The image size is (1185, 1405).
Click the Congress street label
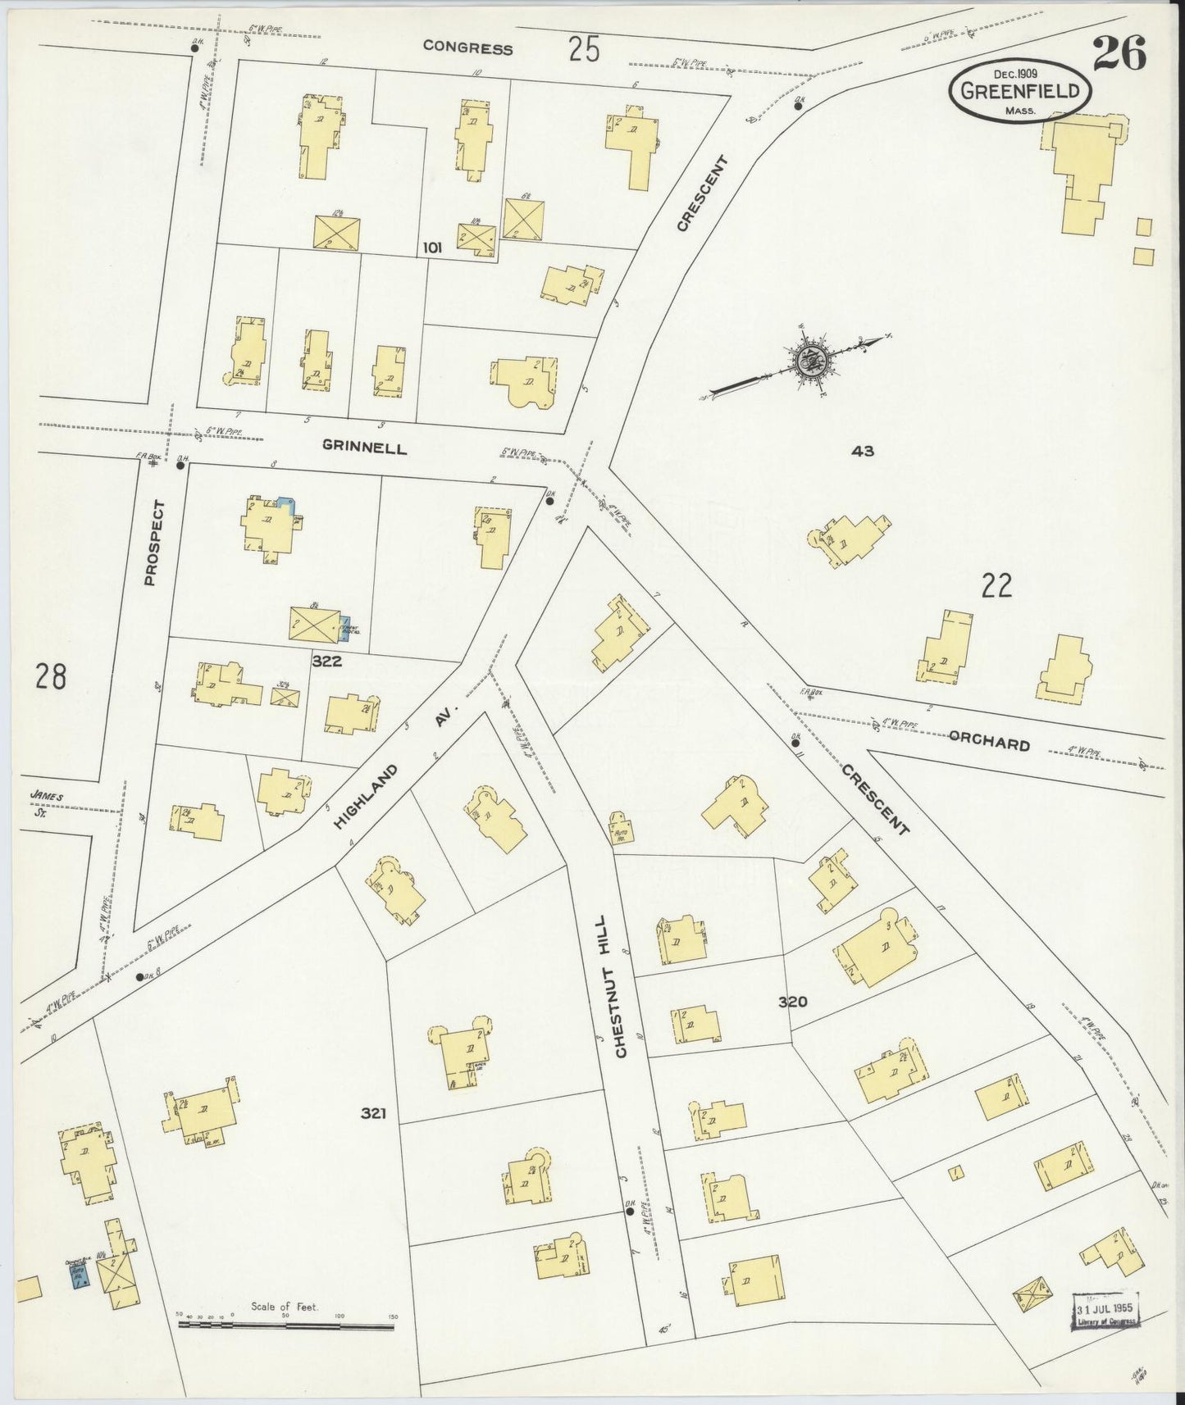(467, 48)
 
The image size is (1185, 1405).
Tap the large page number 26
(1119, 56)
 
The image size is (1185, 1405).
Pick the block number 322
(326, 661)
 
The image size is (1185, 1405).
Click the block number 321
(372, 1113)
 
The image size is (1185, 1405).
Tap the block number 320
(793, 1002)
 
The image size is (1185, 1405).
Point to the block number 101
(432, 247)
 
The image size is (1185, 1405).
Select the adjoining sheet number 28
(51, 677)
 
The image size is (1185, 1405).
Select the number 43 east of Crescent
(863, 451)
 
